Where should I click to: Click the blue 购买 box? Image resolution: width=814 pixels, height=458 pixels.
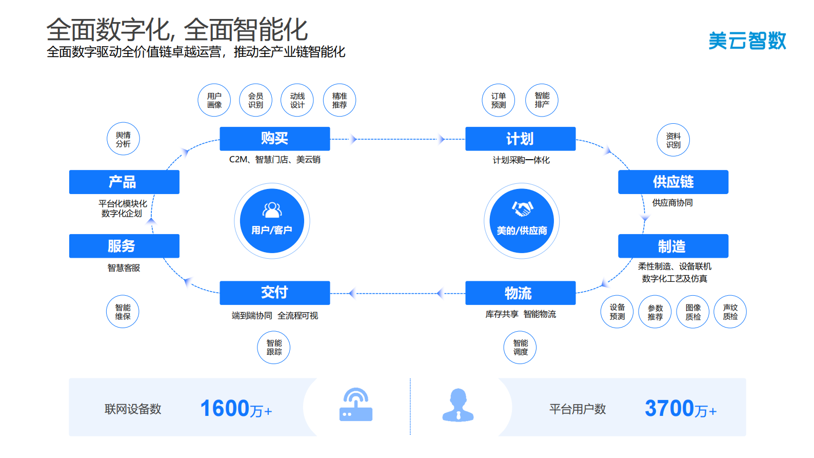[274, 139]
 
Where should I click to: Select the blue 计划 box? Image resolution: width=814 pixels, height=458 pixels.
[520, 139]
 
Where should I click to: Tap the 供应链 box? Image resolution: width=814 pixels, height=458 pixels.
[673, 182]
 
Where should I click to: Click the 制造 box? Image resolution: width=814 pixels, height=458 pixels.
[673, 246]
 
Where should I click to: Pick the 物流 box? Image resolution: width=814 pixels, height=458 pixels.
[520, 293]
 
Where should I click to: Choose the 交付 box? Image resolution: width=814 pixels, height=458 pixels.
[274, 293]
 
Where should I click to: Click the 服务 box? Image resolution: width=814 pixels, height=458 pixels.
[124, 246]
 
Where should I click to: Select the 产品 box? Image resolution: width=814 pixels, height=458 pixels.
[124, 182]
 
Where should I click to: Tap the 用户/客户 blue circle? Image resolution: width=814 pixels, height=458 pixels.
[272, 221]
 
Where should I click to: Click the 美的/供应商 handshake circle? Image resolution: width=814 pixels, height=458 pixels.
[522, 221]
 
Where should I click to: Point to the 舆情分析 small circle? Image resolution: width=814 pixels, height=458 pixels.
[123, 139]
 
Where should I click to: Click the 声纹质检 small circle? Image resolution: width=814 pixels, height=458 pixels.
[730, 312]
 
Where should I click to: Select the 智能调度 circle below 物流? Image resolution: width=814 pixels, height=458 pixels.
[520, 348]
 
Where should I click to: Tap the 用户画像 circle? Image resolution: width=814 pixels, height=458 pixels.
[214, 100]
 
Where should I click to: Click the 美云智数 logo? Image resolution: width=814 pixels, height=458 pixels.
[747, 41]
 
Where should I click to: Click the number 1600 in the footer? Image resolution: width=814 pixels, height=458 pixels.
[225, 409]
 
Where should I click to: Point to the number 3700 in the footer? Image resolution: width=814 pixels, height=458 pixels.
[669, 409]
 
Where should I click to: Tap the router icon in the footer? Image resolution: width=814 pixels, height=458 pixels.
[356, 405]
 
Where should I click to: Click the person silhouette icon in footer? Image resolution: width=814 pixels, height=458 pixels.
[458, 406]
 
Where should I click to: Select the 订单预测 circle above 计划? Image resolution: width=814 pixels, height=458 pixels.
[498, 100]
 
